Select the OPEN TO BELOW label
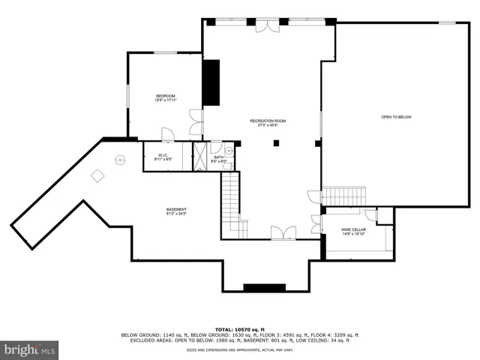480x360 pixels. tap(396, 117)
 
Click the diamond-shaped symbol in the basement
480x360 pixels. tap(97, 175)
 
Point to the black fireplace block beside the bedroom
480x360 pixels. tap(211, 82)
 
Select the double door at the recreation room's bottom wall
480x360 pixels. tap(277, 233)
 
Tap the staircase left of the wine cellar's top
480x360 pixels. tap(343, 196)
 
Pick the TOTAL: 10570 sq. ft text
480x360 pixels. tap(239, 329)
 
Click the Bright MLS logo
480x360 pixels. tap(30, 349)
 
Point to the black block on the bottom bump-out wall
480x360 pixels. tap(264, 287)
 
